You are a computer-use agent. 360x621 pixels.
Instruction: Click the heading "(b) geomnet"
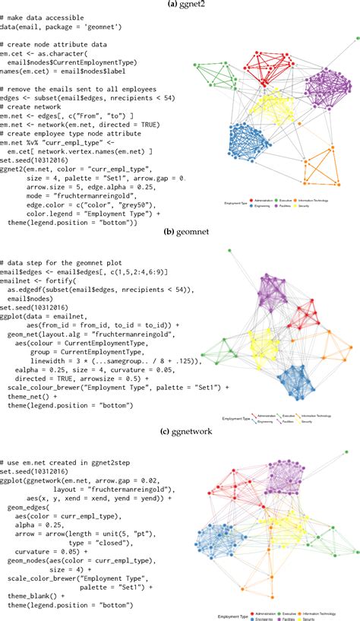click(180, 226)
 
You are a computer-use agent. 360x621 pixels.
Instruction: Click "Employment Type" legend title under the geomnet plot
click(237, 418)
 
